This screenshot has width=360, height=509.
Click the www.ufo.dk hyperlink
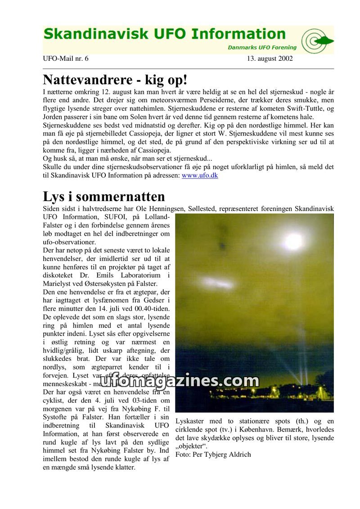(200, 176)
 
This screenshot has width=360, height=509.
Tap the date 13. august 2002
(270, 59)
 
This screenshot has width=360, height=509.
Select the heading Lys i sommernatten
(104, 197)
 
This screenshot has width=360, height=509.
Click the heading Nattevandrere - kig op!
(115, 80)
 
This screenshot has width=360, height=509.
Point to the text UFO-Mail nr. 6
(66, 59)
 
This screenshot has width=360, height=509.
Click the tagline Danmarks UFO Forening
(262, 47)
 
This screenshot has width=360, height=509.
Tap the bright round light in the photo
(293, 242)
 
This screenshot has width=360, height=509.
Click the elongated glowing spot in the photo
(219, 283)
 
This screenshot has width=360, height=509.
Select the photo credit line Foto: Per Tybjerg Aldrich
(213, 454)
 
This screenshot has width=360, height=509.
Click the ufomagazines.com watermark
(179, 381)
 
